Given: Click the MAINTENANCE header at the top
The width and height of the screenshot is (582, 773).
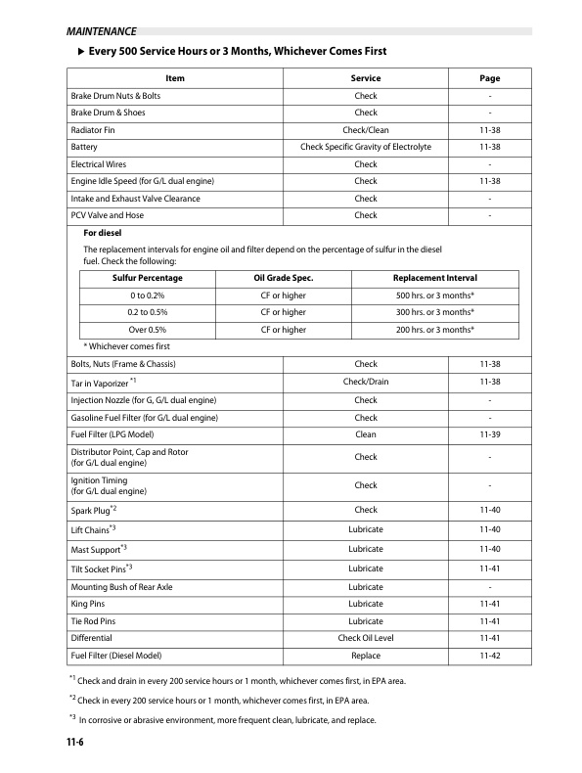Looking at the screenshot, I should [x=95, y=32].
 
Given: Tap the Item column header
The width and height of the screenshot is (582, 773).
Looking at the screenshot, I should [x=175, y=78].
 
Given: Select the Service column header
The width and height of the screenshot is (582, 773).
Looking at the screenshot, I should [x=366, y=78].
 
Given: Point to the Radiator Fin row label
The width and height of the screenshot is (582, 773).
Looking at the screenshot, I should [x=97, y=130].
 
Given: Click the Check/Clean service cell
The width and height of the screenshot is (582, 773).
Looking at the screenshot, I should [x=366, y=130].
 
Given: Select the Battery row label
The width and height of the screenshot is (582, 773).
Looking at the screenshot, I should [x=83, y=147].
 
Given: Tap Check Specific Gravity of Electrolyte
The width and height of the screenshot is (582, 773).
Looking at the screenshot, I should [x=366, y=147].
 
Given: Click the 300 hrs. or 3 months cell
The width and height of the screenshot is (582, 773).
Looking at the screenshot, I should [x=435, y=312].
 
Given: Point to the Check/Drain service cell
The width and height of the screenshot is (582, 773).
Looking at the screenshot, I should [x=366, y=382].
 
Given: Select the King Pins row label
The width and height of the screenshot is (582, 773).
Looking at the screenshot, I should [x=88, y=604].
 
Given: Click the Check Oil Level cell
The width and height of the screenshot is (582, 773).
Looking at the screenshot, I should [x=366, y=638].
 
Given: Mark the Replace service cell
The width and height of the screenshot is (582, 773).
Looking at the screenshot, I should [x=366, y=656].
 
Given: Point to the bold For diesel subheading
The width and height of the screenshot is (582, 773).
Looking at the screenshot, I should [x=103, y=233].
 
